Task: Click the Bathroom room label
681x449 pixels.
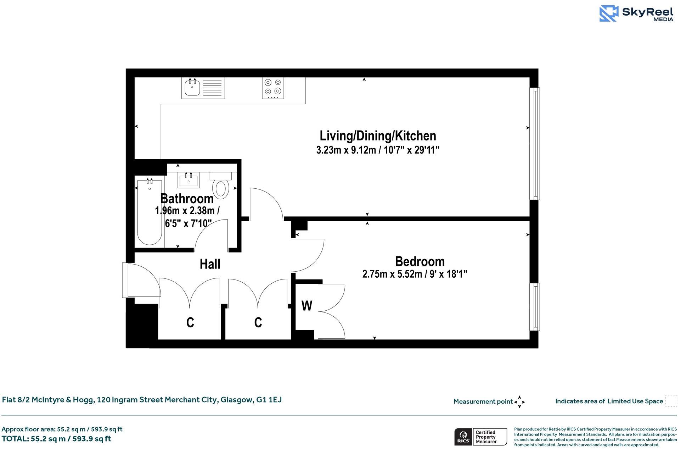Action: tap(187, 199)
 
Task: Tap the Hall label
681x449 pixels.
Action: tap(210, 264)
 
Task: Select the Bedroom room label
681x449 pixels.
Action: tap(420, 262)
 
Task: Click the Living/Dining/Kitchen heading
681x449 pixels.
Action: tap(378, 136)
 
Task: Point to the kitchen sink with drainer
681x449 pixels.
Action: tap(203, 88)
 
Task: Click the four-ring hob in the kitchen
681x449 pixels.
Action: tap(273, 88)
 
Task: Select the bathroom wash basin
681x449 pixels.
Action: tap(188, 180)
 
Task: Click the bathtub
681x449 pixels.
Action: tap(150, 212)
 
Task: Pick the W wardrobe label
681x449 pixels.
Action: tap(307, 306)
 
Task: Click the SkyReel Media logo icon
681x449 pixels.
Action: tap(609, 14)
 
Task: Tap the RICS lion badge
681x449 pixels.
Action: tap(463, 437)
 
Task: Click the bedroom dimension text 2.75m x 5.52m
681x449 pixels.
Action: tap(415, 274)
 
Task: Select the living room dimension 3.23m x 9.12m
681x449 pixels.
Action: tap(378, 150)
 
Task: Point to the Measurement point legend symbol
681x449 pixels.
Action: tap(519, 402)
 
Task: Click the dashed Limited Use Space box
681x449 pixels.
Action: tap(671, 401)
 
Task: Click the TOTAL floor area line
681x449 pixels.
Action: tap(56, 439)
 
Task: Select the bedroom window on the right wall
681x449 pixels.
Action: tap(536, 307)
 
